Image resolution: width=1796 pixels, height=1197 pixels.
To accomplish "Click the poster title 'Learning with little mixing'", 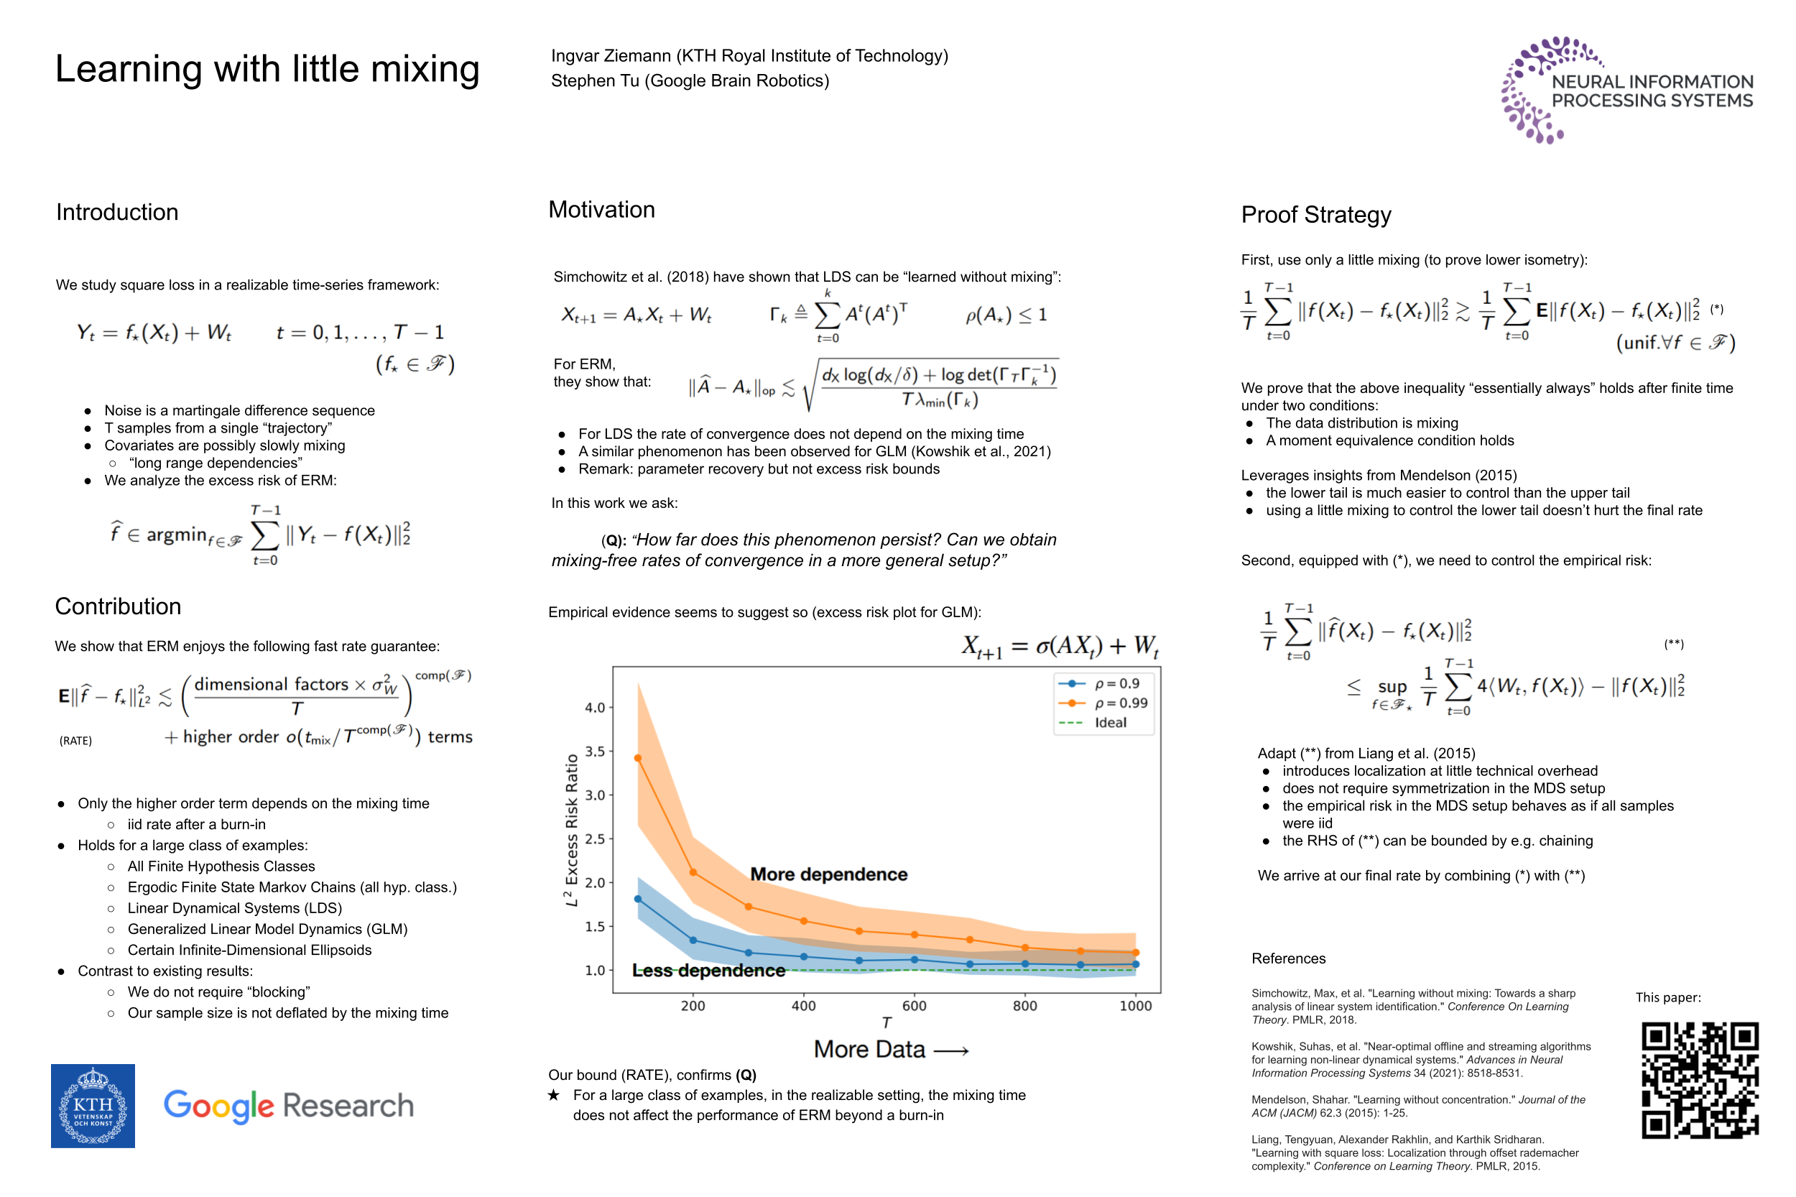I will [x=267, y=70].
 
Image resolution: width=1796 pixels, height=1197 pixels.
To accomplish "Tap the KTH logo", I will [x=93, y=1105].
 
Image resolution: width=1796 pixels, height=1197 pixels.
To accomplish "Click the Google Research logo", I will [x=289, y=1105].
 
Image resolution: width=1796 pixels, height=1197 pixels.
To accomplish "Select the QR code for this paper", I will [x=1699, y=1079].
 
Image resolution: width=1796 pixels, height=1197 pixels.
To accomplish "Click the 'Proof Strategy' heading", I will [x=1316, y=216].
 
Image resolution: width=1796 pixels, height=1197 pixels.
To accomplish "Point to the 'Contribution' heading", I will [x=119, y=606].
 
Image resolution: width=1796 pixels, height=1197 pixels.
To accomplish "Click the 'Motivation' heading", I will [x=601, y=210].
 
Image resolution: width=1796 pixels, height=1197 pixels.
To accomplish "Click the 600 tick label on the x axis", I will [x=915, y=1006].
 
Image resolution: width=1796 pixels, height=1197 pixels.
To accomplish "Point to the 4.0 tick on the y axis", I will [x=595, y=708].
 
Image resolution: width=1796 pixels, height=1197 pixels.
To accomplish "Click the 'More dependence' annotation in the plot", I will [x=829, y=874].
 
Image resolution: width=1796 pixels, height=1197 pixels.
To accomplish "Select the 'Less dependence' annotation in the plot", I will [x=708, y=970].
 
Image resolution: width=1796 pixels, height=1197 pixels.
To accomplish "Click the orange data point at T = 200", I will [x=693, y=872].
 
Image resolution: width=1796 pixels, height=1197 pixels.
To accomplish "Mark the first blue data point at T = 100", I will [x=638, y=900].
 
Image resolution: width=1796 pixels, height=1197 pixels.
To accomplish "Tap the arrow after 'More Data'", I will [x=951, y=1051].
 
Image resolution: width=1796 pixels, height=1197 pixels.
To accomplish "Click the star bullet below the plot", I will [x=554, y=1096].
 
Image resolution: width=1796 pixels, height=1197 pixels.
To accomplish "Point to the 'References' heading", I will [x=1288, y=958].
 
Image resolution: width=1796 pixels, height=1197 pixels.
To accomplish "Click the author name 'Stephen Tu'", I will [x=596, y=81].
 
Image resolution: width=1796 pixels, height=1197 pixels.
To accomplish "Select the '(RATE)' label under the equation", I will [x=75, y=741].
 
